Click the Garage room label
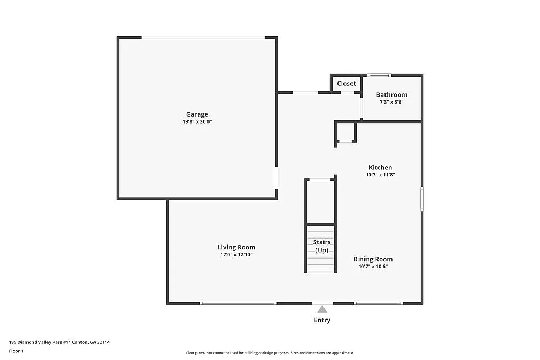tap(197, 114)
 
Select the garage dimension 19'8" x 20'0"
tap(197, 121)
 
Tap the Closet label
tap(347, 84)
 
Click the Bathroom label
tap(391, 95)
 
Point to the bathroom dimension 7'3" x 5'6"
tap(391, 102)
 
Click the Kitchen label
tap(380, 167)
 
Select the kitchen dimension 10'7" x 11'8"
tap(380, 175)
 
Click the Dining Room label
tap(373, 259)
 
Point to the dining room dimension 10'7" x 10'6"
tap(373, 266)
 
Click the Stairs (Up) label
tap(322, 246)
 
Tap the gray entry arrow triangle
tap(322, 309)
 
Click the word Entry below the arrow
tap(322, 320)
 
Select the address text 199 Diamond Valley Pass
tap(43, 342)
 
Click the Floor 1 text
tap(16, 351)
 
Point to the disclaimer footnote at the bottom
tap(269, 353)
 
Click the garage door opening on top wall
tap(203, 37)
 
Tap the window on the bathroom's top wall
tap(379, 75)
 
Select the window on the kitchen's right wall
tap(422, 198)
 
